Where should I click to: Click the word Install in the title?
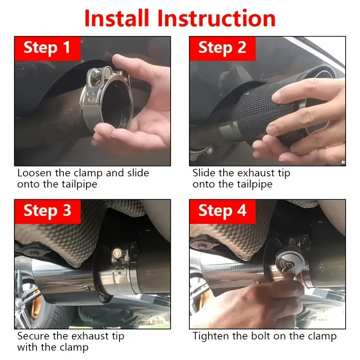coord(117,18)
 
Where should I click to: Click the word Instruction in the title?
coord(216,18)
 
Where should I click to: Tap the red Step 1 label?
coord(48,49)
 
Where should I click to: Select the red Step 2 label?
coord(222,49)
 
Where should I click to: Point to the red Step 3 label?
coord(48,211)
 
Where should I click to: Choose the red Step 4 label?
coord(222,211)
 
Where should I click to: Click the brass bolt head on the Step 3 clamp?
coord(117,253)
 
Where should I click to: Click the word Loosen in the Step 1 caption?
coord(35,173)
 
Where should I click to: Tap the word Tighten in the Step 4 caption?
coord(211,337)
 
